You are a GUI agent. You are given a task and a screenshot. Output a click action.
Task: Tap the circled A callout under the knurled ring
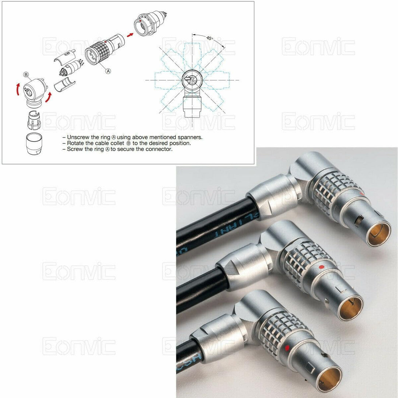pos(108,71)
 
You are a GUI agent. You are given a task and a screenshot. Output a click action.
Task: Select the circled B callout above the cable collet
pos(26,75)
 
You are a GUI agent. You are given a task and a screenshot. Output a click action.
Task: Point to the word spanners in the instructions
pos(189,137)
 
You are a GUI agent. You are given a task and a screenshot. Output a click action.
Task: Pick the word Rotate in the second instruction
pos(76,143)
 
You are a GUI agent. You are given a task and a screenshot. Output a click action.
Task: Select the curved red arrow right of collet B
pos(48,98)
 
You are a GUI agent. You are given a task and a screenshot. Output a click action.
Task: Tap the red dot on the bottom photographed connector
pos(287,348)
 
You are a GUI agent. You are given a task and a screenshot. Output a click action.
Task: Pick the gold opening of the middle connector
pos(350,308)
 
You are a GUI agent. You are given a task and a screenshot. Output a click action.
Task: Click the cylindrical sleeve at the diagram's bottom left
pos(34,143)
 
